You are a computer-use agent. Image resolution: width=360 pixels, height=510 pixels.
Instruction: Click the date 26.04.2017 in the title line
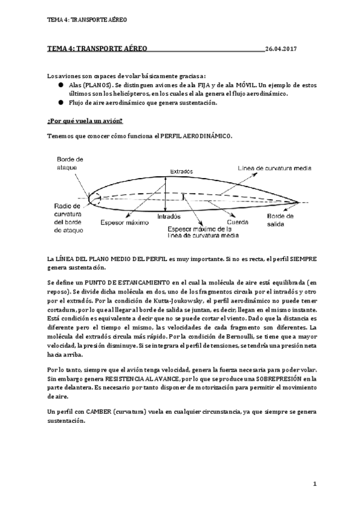(281, 49)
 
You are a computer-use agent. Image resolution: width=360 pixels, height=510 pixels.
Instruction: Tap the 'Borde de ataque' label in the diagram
(70, 162)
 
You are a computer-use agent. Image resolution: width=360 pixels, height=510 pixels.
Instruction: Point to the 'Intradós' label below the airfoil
(169, 216)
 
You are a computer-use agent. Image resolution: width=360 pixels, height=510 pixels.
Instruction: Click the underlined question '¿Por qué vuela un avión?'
(76, 121)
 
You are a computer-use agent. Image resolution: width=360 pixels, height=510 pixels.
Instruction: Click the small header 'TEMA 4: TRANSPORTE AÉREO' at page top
(87, 19)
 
